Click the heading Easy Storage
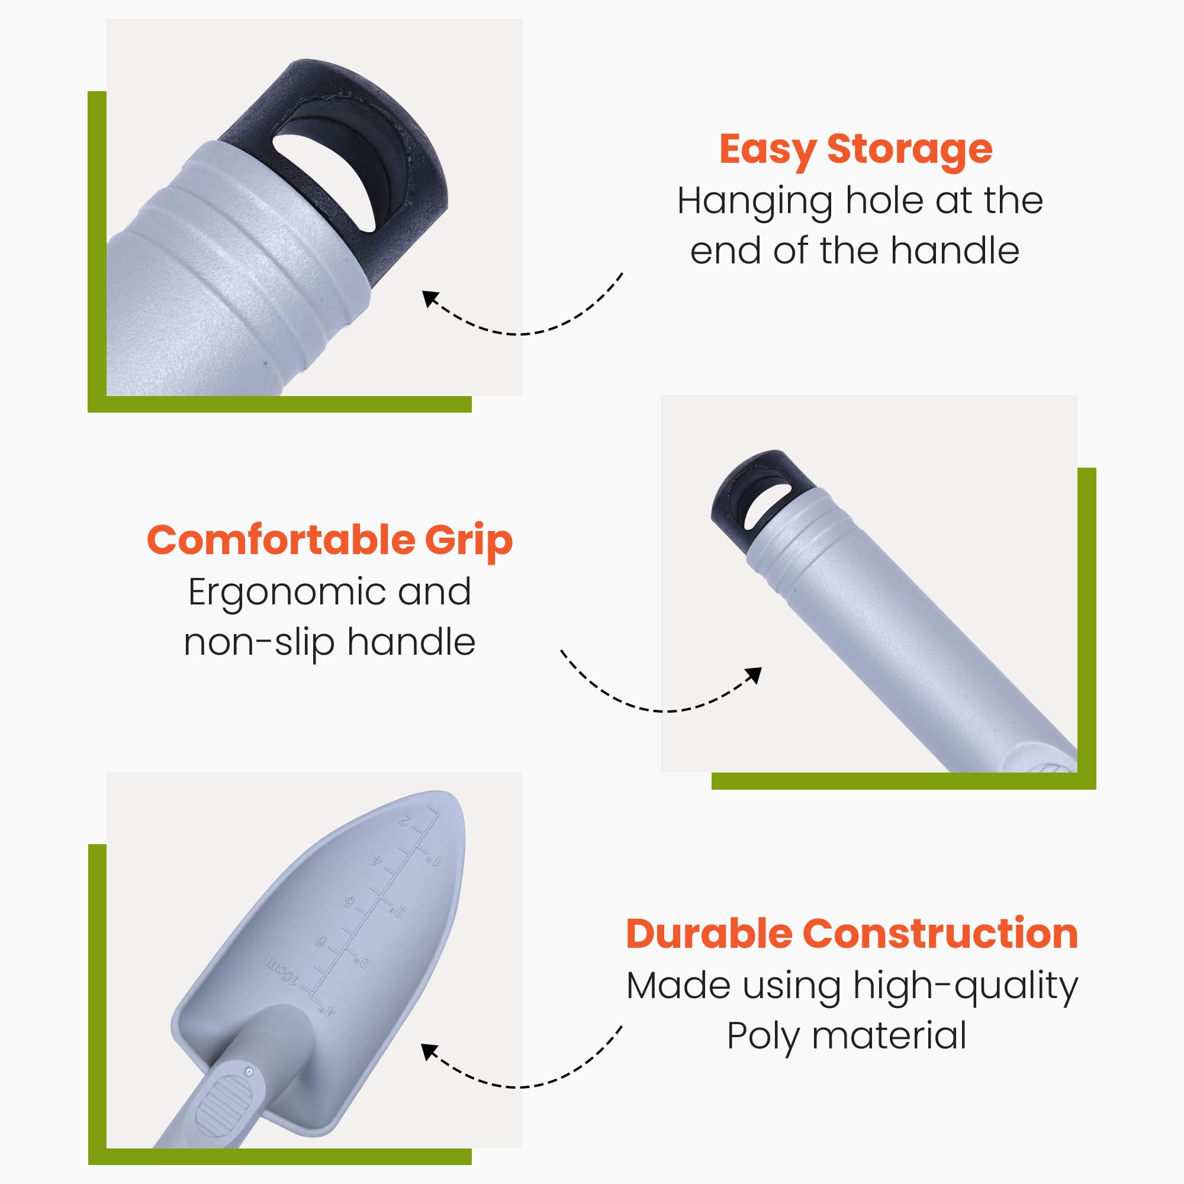[x=855, y=150]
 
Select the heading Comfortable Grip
[x=330, y=540]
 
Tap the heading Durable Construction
[x=852, y=934]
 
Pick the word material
[x=889, y=1035]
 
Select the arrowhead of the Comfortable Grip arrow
[x=754, y=675]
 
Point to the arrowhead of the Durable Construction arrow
[x=430, y=1052]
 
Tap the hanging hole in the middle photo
[x=765, y=506]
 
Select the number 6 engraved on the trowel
[x=349, y=902]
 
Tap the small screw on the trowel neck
[x=249, y=1072]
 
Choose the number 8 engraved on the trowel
[x=321, y=941]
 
